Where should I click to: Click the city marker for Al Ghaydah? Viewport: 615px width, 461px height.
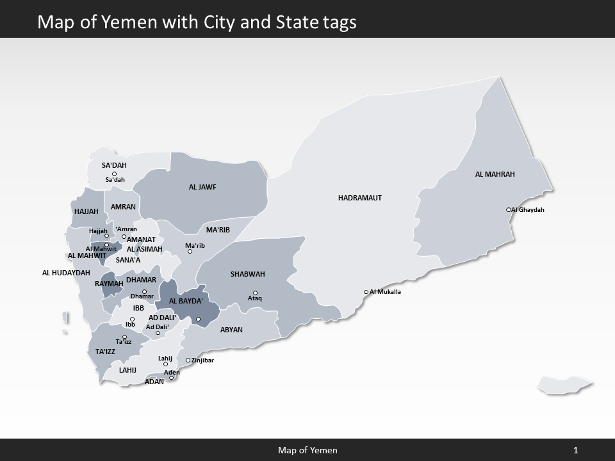[x=508, y=209]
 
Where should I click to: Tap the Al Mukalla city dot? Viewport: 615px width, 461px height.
[x=366, y=292]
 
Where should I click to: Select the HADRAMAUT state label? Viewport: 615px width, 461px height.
[x=359, y=198]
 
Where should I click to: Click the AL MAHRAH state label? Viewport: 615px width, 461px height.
[x=495, y=174]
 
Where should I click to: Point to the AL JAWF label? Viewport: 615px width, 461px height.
[x=202, y=188]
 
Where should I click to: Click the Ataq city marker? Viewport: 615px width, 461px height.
[x=255, y=293]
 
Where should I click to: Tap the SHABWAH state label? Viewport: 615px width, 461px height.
[x=247, y=274]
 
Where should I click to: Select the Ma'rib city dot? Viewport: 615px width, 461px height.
[x=190, y=252]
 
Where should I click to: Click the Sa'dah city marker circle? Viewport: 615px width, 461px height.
[x=114, y=174]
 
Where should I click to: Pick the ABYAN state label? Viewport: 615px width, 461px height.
[x=231, y=330]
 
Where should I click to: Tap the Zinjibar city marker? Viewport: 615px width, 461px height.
[x=188, y=360]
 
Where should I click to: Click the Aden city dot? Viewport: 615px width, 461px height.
[x=171, y=378]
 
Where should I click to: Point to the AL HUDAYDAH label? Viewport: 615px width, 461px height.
[x=66, y=273]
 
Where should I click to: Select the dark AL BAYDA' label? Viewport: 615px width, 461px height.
[x=186, y=301]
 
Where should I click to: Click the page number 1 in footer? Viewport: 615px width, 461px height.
[x=576, y=450]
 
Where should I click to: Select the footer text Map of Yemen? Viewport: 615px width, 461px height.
[x=307, y=450]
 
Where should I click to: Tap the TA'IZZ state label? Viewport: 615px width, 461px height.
[x=105, y=352]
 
